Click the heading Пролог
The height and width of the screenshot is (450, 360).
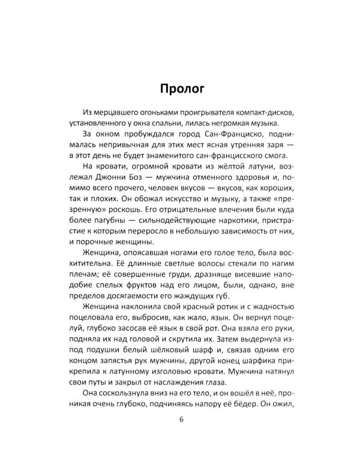pyautogui.click(x=179, y=89)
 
